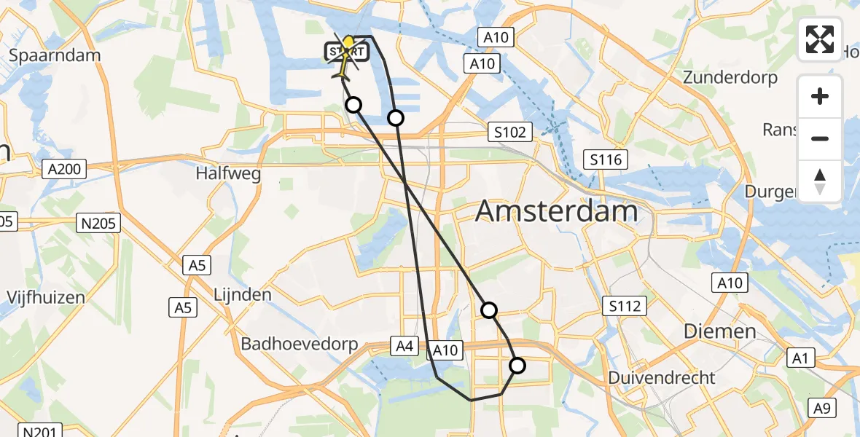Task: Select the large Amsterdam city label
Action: point(557,212)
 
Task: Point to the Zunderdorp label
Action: point(731,77)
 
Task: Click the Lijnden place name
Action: point(243,295)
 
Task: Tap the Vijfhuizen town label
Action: point(45,297)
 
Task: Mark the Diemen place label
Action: point(720,332)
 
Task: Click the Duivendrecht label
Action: point(662,378)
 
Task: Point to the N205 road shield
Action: point(99,223)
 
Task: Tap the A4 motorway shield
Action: point(404,347)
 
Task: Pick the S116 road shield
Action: point(606,159)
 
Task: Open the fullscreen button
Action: point(820,39)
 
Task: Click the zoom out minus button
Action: point(820,138)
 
